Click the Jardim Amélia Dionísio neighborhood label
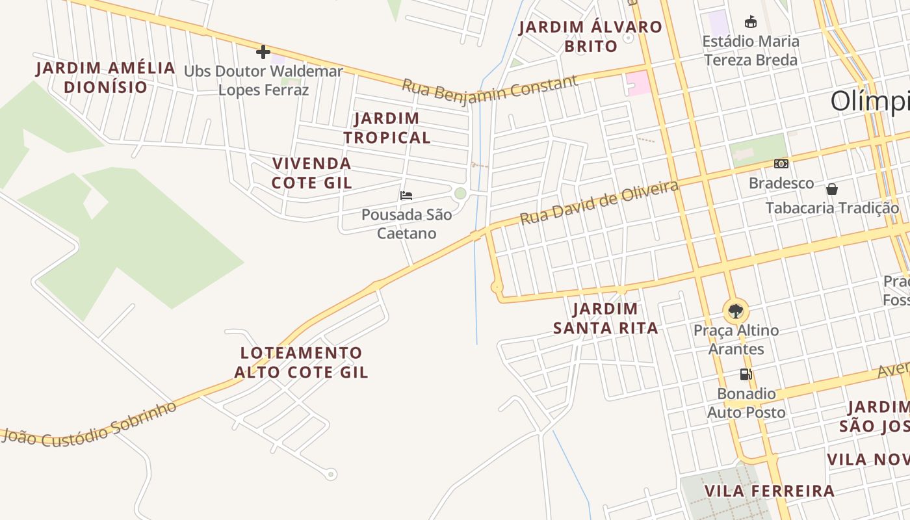105,77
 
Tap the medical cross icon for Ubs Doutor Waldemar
263,52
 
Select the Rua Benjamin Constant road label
489,90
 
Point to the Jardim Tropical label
387,128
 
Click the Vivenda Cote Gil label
312,173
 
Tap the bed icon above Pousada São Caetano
406,195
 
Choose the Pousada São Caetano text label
407,224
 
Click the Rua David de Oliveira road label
599,202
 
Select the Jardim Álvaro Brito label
590,36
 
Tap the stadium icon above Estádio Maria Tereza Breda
751,21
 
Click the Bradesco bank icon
781,164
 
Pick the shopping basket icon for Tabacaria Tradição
832,189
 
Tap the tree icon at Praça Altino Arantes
736,311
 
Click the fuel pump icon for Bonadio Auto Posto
746,374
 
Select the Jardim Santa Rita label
605,318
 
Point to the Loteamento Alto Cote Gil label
301,362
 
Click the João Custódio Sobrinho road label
89,425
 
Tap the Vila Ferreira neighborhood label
769,491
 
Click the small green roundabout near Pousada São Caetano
460,193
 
